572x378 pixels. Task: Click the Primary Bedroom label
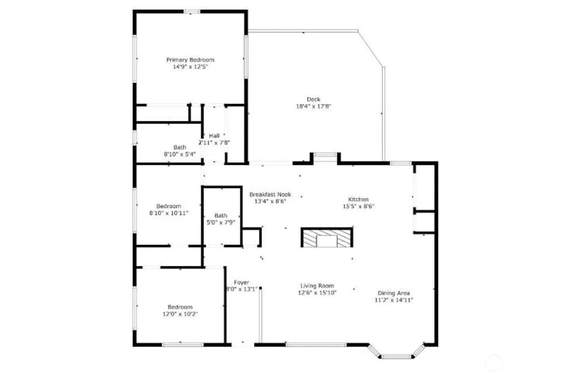click(x=190, y=60)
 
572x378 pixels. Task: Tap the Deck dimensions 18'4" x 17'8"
click(x=314, y=106)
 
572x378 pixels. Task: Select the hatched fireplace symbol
click(x=327, y=238)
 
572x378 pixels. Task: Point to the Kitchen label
click(x=359, y=199)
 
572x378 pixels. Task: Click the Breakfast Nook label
click(x=270, y=194)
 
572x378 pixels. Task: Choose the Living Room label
click(x=317, y=285)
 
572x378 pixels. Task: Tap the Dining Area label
click(x=394, y=293)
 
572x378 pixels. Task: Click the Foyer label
click(x=242, y=282)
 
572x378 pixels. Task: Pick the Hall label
click(x=214, y=135)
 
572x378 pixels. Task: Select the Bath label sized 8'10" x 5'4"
click(x=180, y=147)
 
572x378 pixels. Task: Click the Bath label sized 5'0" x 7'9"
click(x=220, y=216)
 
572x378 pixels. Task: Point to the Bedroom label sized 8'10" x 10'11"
click(x=169, y=206)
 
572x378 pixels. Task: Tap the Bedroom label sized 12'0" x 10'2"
click(x=180, y=307)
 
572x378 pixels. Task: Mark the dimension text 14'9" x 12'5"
click(x=190, y=67)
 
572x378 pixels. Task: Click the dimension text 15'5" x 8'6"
click(x=359, y=207)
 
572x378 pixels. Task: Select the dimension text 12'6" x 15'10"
click(x=317, y=292)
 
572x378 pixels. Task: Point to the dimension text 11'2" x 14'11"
click(x=394, y=301)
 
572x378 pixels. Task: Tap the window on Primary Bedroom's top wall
click(x=191, y=12)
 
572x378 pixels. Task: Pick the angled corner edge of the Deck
click(x=370, y=48)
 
